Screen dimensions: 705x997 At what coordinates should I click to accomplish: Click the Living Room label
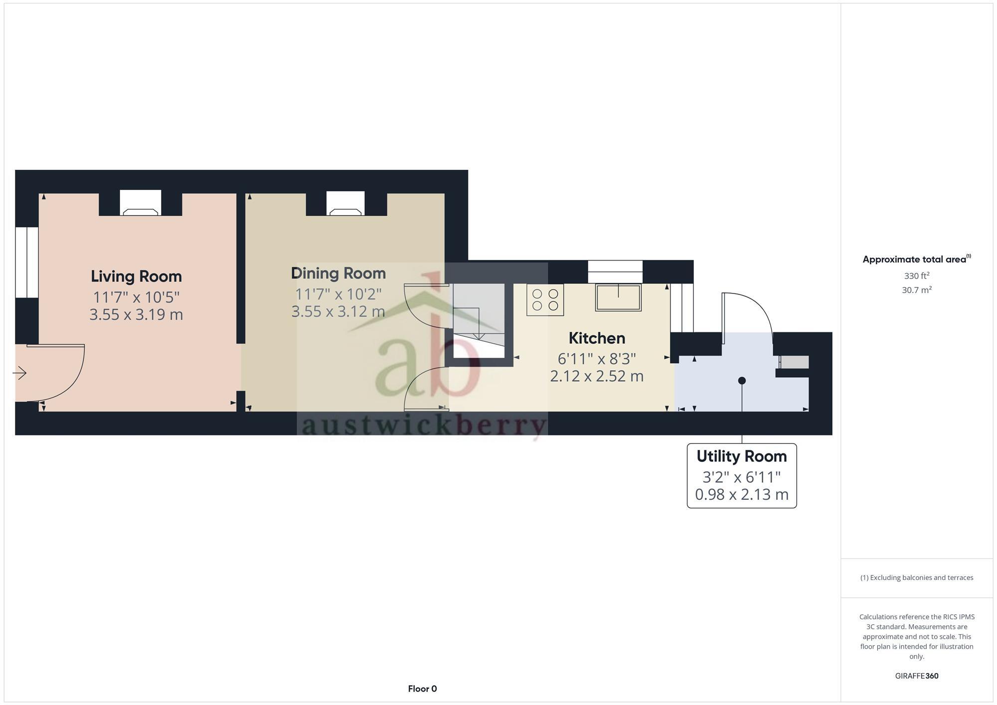(x=136, y=277)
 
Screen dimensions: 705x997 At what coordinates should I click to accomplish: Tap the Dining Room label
(x=338, y=274)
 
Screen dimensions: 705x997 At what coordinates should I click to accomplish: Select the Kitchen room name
(x=597, y=338)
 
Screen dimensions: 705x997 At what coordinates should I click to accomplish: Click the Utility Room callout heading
(x=741, y=456)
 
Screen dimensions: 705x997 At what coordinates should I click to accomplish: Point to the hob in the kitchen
(x=545, y=300)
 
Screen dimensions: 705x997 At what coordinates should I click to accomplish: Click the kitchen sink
(x=618, y=297)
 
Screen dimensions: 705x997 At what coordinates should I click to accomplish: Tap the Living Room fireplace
(x=141, y=204)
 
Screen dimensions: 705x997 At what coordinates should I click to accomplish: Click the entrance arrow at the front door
(x=20, y=373)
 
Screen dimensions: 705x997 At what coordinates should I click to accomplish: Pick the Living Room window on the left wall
(x=26, y=262)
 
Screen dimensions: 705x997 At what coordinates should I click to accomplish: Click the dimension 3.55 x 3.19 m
(x=136, y=315)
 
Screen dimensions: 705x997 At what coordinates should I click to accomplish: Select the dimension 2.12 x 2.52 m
(x=597, y=376)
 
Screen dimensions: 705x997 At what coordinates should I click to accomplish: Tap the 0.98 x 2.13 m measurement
(x=741, y=495)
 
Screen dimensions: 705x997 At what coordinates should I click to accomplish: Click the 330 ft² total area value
(x=916, y=276)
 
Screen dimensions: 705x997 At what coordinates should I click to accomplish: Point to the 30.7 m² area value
(x=916, y=290)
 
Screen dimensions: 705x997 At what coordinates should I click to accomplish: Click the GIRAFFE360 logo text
(x=916, y=676)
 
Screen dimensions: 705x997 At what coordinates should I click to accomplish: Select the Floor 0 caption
(x=422, y=689)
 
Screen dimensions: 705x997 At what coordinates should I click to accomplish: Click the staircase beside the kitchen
(x=479, y=319)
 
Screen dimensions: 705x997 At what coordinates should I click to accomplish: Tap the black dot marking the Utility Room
(x=742, y=381)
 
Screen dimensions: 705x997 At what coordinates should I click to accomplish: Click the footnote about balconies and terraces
(x=916, y=578)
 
